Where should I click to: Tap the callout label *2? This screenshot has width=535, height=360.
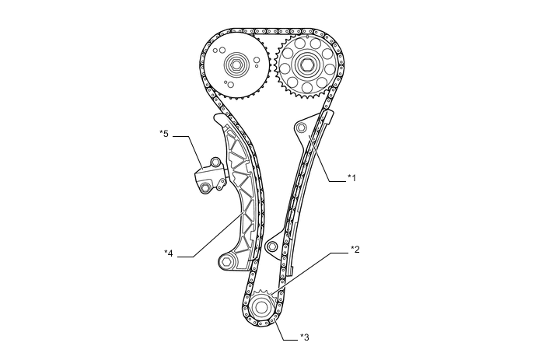(354, 250)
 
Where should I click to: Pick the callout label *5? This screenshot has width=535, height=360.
(164, 133)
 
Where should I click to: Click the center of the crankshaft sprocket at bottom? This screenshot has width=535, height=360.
(262, 306)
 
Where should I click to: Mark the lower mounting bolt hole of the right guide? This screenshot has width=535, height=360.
(271, 247)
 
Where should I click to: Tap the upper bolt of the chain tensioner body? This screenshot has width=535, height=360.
(215, 162)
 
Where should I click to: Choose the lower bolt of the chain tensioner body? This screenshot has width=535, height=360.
(205, 187)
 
